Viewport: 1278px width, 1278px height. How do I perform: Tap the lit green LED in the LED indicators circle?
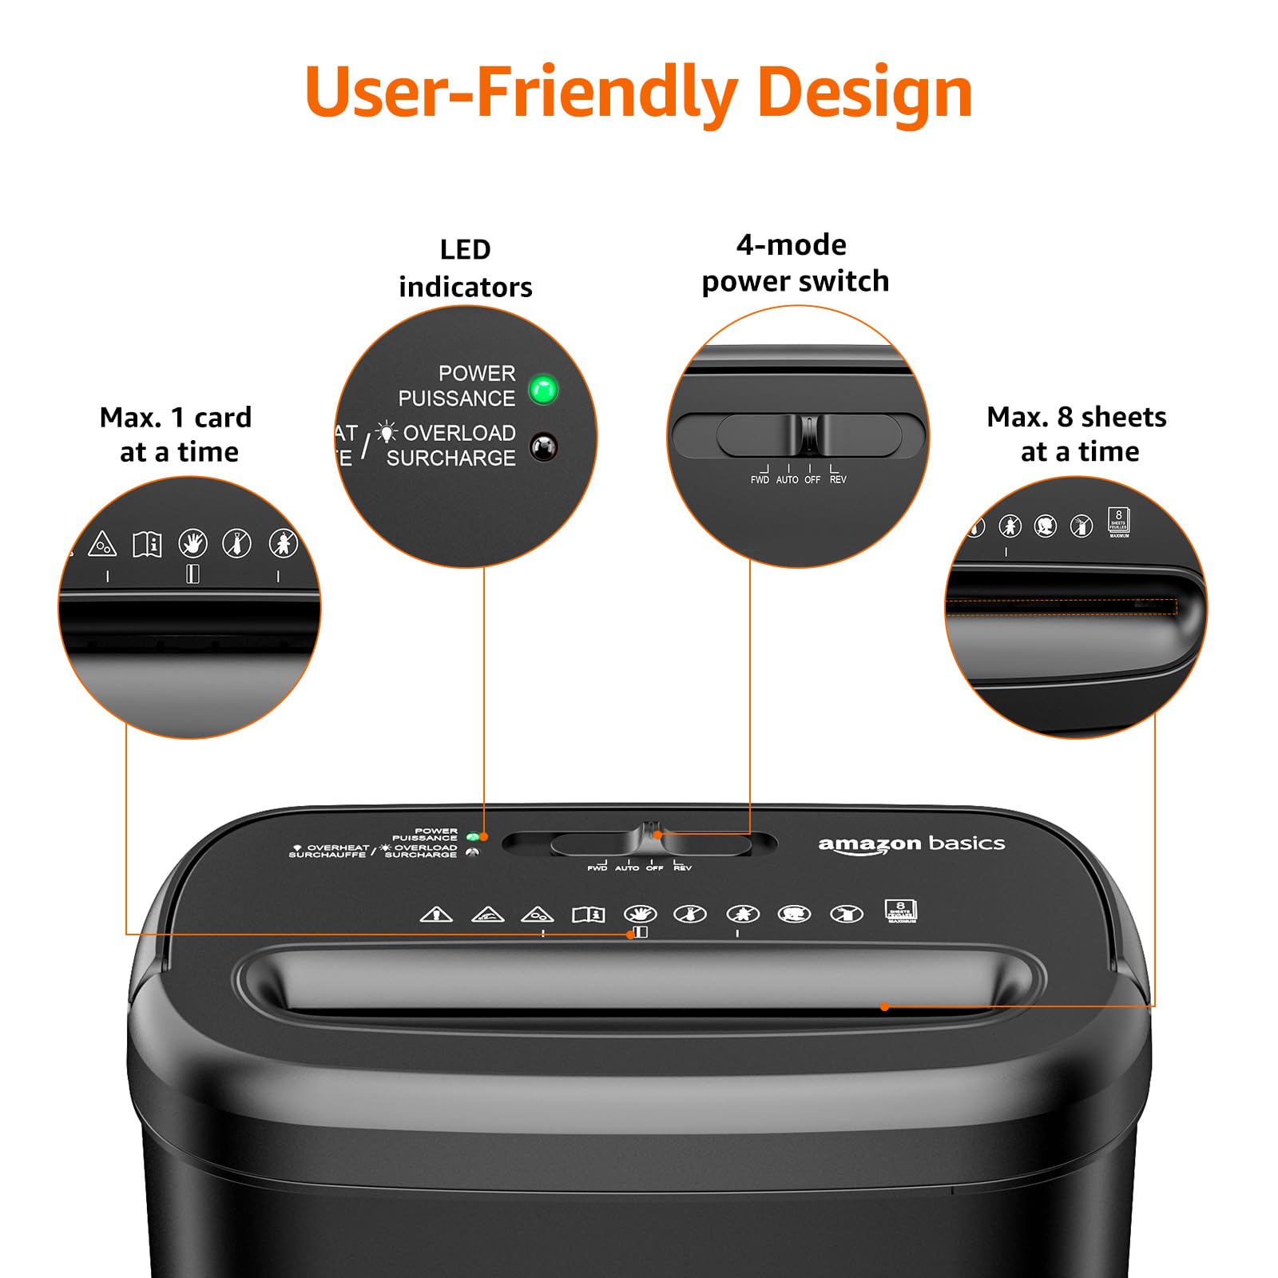pyautogui.click(x=543, y=390)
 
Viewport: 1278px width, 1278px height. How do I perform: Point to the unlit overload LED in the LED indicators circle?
pyautogui.click(x=544, y=447)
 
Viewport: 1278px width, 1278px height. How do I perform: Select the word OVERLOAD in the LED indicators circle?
pyautogui.click(x=459, y=433)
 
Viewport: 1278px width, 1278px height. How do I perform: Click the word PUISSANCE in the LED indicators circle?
pyautogui.click(x=457, y=398)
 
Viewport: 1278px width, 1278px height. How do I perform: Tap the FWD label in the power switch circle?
pyautogui.click(x=760, y=479)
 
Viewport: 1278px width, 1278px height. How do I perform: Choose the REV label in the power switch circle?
pyautogui.click(x=838, y=479)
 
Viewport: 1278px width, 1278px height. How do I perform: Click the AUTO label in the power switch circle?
pyautogui.click(x=787, y=479)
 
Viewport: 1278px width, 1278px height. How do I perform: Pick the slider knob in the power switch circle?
pyautogui.click(x=808, y=435)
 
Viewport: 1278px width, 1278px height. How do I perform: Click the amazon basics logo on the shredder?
pyautogui.click(x=911, y=844)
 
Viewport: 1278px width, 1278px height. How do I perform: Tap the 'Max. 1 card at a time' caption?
pyautogui.click(x=177, y=435)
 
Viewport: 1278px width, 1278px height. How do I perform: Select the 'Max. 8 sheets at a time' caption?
pyautogui.click(x=1078, y=435)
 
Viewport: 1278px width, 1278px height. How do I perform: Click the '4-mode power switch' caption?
pyautogui.click(x=794, y=263)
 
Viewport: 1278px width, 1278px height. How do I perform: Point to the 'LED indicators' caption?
pyautogui.click(x=466, y=268)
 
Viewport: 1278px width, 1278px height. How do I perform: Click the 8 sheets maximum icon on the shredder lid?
pyautogui.click(x=901, y=911)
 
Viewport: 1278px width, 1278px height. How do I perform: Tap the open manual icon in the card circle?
pyautogui.click(x=147, y=545)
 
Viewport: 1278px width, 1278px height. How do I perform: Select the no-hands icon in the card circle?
pyautogui.click(x=192, y=544)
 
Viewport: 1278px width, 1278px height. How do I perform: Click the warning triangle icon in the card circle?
pyautogui.click(x=102, y=544)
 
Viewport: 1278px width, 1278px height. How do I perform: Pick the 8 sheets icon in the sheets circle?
pyautogui.click(x=1118, y=522)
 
